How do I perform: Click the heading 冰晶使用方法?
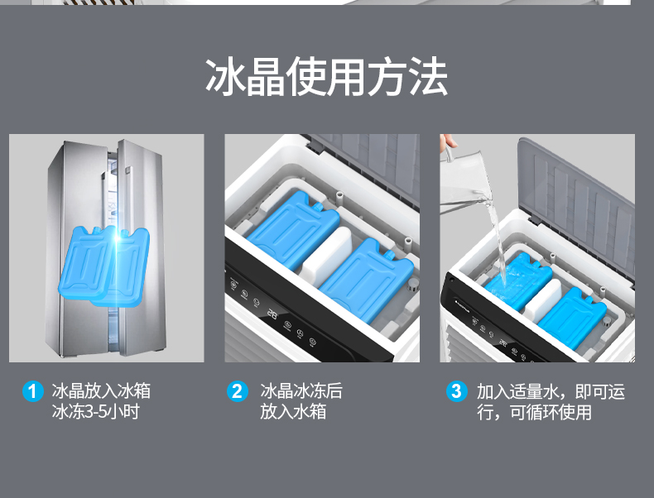click(x=326, y=77)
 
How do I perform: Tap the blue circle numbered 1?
click(x=32, y=391)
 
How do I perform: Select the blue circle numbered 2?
click(x=238, y=391)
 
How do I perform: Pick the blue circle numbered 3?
click(x=456, y=391)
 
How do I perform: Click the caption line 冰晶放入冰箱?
click(x=101, y=391)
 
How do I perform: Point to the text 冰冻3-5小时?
click(x=95, y=411)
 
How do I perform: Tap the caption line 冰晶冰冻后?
click(x=301, y=391)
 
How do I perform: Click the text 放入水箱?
click(x=293, y=411)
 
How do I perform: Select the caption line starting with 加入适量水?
click(x=551, y=392)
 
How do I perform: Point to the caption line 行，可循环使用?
click(x=535, y=412)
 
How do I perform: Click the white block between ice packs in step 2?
click(x=328, y=257)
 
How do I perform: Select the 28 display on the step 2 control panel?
click(x=272, y=314)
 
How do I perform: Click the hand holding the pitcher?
click(x=448, y=141)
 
